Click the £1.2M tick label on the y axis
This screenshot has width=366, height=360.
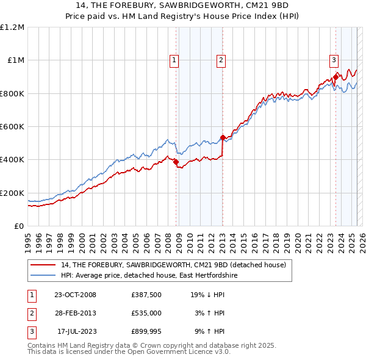(12, 27)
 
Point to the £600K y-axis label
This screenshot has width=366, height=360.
(12, 127)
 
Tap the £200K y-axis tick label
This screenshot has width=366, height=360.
(12, 193)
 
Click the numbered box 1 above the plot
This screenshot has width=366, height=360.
(174, 60)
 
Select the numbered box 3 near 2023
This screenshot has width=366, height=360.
(334, 60)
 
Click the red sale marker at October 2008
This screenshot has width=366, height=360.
(176, 162)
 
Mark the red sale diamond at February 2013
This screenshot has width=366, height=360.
(223, 137)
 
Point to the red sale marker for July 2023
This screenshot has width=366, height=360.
(335, 77)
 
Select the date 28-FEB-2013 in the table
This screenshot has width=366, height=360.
(76, 313)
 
